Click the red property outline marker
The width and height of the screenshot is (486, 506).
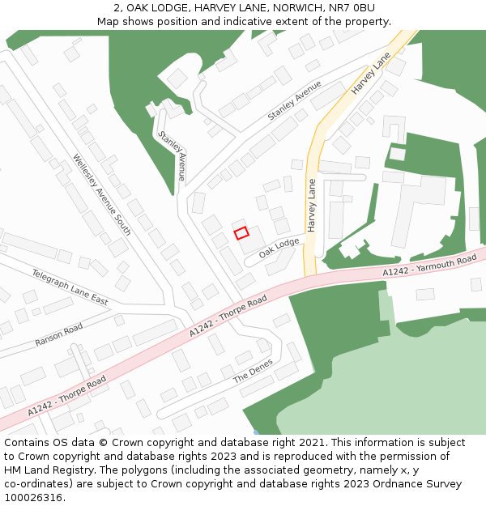click(241, 233)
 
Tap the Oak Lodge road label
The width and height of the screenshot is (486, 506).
click(279, 249)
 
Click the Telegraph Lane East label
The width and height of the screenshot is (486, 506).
click(70, 287)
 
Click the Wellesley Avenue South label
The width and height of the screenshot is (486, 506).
click(101, 194)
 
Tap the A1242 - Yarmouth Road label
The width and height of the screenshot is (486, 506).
click(429, 267)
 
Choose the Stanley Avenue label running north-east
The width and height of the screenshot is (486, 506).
click(294, 101)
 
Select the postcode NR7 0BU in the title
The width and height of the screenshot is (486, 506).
click(352, 8)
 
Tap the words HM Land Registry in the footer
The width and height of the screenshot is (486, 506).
click(41, 470)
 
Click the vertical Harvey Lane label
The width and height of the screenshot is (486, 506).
click(312, 206)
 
